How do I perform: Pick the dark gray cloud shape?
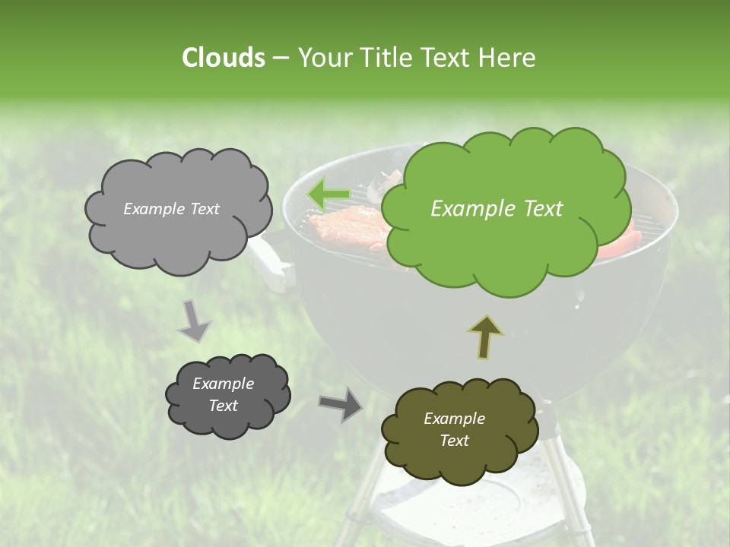point(227,395)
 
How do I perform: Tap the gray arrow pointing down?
point(194,322)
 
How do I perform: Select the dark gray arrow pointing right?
point(340,403)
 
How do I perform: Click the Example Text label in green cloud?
point(497,209)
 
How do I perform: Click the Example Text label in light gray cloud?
point(171,209)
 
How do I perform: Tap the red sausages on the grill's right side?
point(620,243)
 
